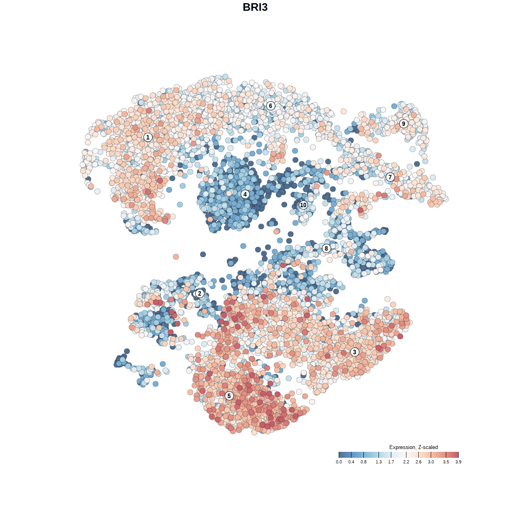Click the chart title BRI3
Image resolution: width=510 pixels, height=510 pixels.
tap(255, 7)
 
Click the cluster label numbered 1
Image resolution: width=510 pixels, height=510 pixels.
tap(148, 137)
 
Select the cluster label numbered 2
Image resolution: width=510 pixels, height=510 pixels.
tap(200, 294)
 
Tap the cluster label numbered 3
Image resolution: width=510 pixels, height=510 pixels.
tap(355, 352)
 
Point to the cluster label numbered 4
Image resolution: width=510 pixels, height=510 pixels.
tap(245, 194)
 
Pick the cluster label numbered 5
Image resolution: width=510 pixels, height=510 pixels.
tap(229, 396)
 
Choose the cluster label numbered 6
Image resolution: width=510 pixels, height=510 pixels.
tap(271, 106)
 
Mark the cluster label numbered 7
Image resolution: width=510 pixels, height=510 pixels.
tap(390, 177)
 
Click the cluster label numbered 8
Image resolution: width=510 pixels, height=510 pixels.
tap(326, 248)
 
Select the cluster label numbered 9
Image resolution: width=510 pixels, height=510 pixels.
tap(404, 124)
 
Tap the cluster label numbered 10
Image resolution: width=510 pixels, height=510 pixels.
tap(303, 205)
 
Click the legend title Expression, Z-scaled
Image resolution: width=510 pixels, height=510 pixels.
tap(413, 447)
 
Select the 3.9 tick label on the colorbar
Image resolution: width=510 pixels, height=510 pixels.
tap(458, 462)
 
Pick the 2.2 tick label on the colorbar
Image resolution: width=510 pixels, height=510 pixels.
tap(406, 462)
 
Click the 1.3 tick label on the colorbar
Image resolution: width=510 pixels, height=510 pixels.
tap(379, 462)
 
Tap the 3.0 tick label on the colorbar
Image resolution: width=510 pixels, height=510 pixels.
tap(431, 462)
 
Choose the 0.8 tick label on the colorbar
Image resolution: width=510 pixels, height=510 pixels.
tap(364, 462)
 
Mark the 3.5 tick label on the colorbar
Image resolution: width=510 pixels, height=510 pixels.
tap(446, 462)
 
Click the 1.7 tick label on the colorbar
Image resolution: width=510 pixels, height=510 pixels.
tap(391, 462)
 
